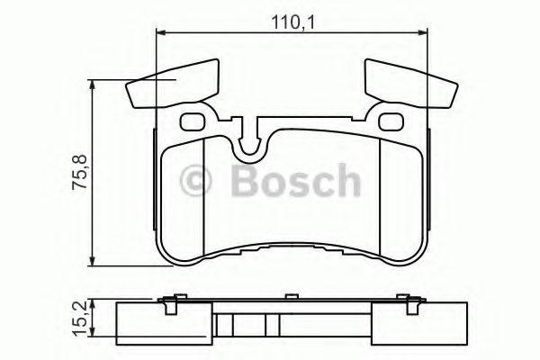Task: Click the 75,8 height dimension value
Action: click(x=78, y=171)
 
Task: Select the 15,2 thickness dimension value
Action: click(x=78, y=317)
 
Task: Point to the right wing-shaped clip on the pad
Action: click(x=408, y=82)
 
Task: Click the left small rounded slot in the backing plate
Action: click(x=192, y=121)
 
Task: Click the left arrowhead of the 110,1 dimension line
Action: click(x=160, y=33)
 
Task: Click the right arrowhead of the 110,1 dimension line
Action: click(x=423, y=33)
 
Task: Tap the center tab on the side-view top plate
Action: click(x=290, y=295)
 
